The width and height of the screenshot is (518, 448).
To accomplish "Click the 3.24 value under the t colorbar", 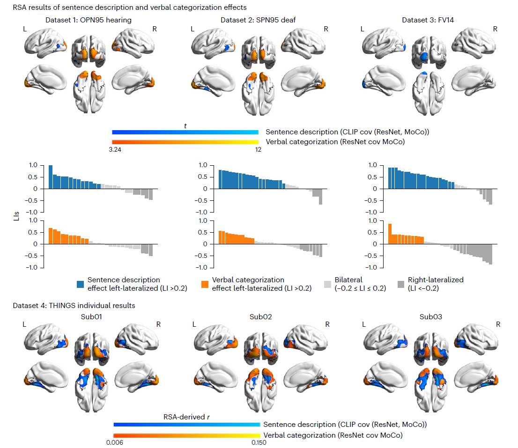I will [115, 150].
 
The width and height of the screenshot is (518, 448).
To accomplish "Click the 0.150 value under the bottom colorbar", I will [259, 442].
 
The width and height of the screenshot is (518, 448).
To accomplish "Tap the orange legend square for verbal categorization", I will [205, 284].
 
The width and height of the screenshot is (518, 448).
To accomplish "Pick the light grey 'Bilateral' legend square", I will [328, 284].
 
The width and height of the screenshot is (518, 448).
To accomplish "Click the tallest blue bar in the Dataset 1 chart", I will [51, 177].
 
